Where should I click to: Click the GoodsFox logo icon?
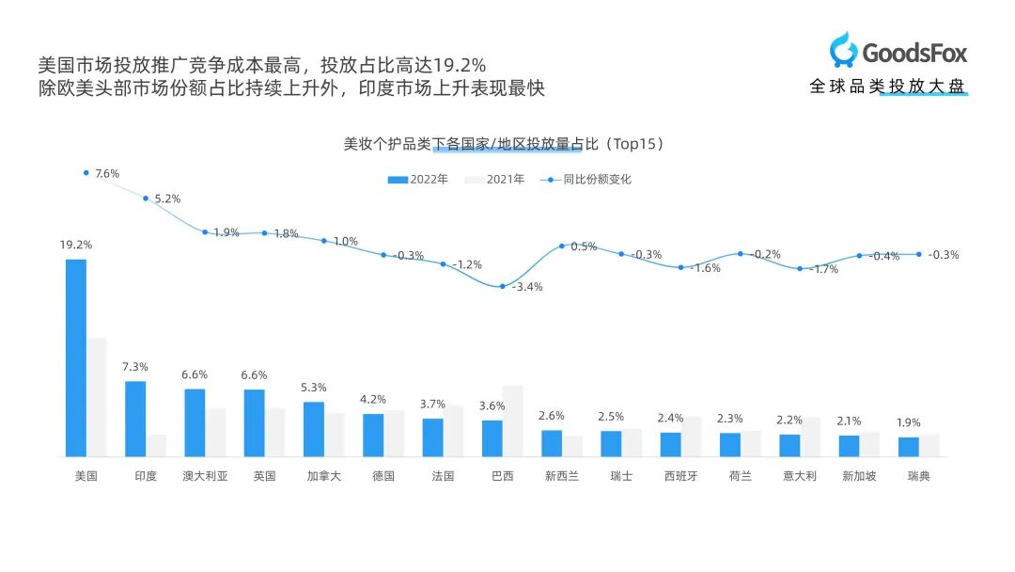(x=843, y=50)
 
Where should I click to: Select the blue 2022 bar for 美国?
(x=76, y=357)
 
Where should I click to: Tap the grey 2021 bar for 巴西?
(x=512, y=421)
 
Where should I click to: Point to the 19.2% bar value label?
(x=76, y=245)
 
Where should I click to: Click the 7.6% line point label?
(x=107, y=173)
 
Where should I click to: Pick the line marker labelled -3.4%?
(x=503, y=286)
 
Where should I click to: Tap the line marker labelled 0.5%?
(x=562, y=246)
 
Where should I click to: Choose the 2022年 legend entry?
(x=418, y=179)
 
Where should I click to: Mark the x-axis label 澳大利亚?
(x=205, y=476)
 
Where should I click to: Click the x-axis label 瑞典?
(x=918, y=476)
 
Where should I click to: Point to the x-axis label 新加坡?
(x=859, y=476)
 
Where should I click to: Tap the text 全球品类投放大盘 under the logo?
(x=887, y=87)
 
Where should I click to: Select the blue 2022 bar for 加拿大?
(x=314, y=429)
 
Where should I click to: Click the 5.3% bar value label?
(x=314, y=388)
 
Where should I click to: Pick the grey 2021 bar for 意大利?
(x=809, y=437)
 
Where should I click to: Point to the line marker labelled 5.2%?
(x=146, y=199)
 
